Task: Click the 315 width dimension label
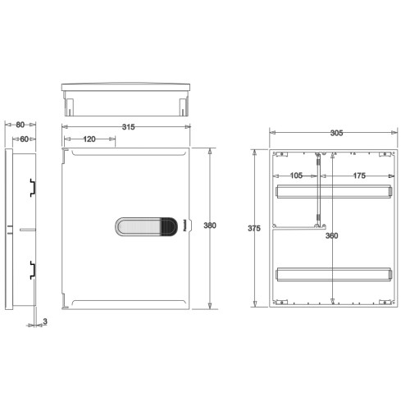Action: click(129, 127)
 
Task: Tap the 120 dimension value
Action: click(89, 139)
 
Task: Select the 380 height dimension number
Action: click(210, 225)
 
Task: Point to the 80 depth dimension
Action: click(20, 125)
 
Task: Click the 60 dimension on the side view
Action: click(25, 139)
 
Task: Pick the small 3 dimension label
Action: click(45, 321)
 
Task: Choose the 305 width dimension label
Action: click(336, 133)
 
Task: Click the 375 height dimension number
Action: click(254, 228)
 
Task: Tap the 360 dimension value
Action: click(332, 235)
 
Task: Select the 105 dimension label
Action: click(296, 175)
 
